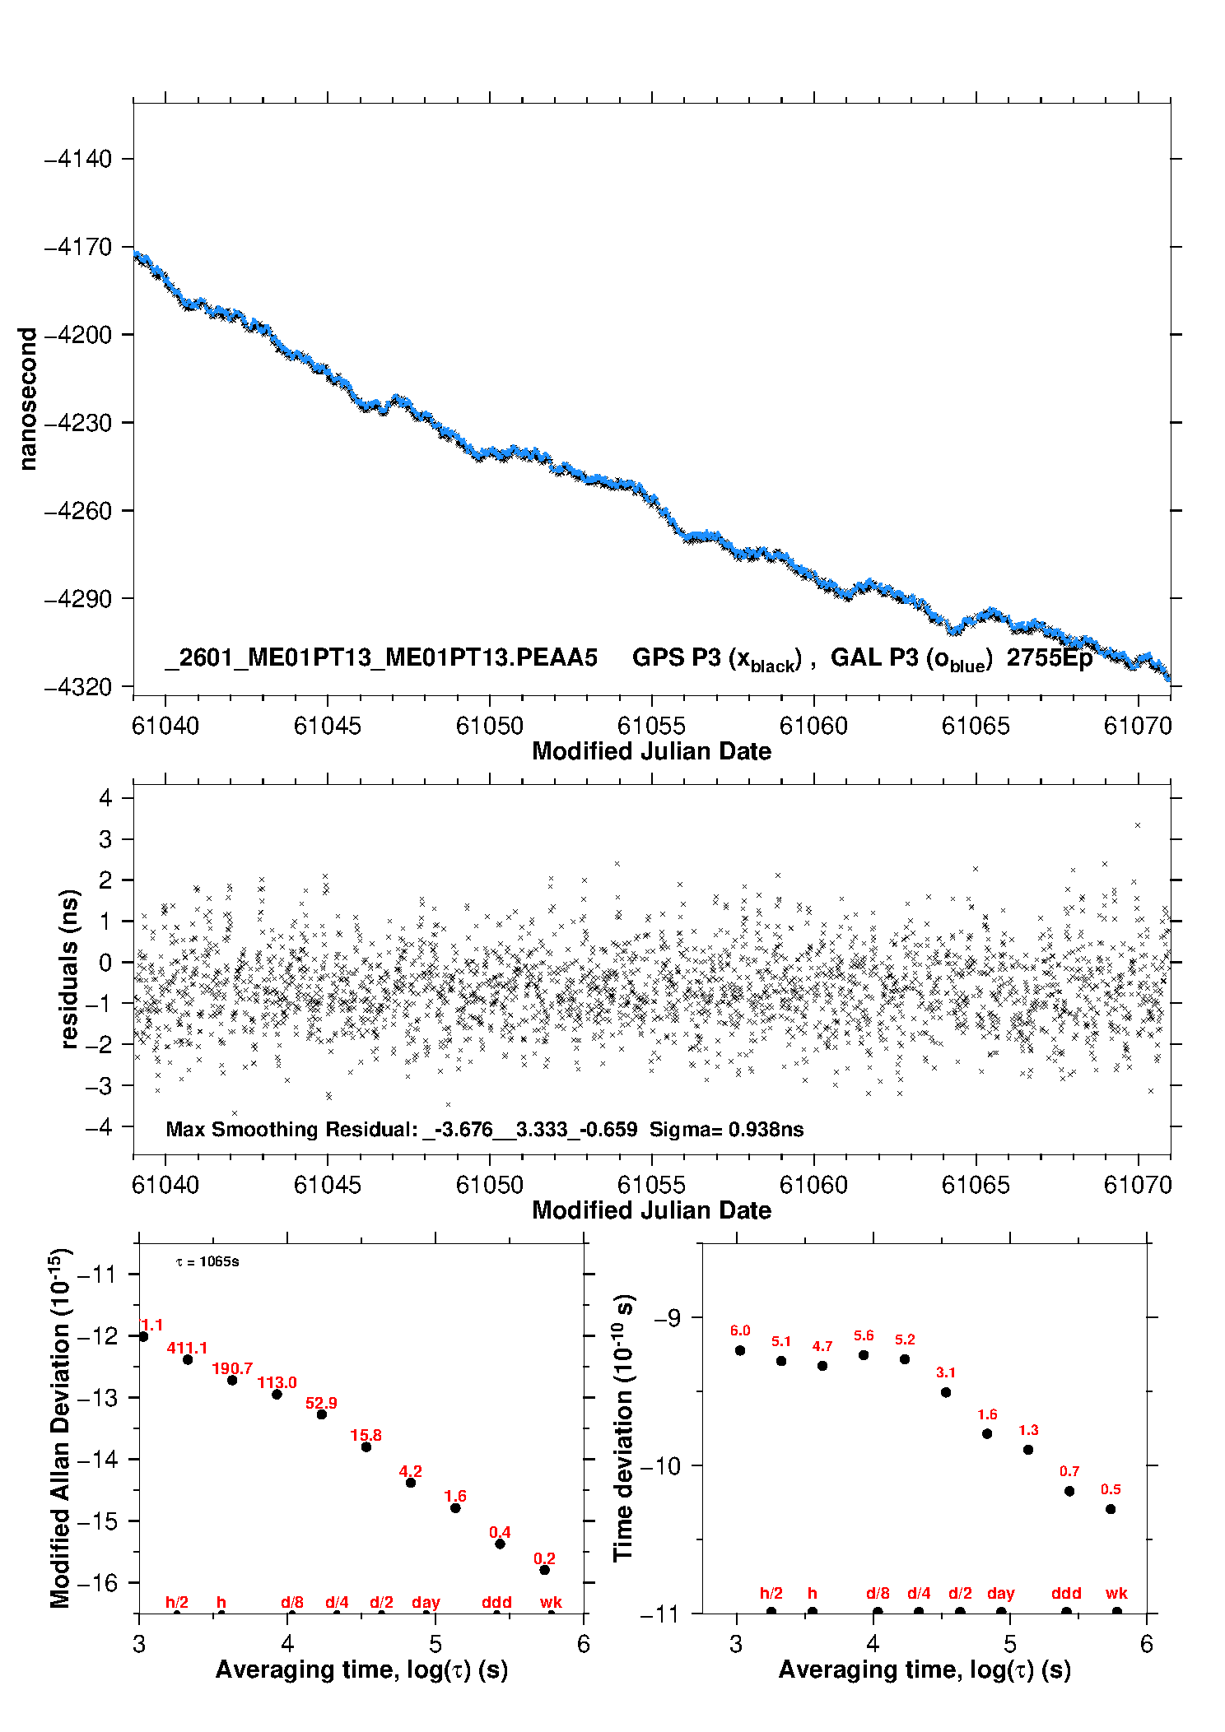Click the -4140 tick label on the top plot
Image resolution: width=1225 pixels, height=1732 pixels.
[x=77, y=159]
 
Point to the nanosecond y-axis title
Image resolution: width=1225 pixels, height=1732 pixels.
[x=28, y=399]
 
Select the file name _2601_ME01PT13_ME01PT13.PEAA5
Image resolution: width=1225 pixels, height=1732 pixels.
[x=380, y=657]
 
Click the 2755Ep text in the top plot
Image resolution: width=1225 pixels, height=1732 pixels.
[x=1049, y=657]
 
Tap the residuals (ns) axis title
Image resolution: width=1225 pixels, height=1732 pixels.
[x=71, y=968]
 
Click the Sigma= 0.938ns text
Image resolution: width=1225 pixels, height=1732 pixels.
[x=726, y=1129]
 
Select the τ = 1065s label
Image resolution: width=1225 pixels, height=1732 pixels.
[x=207, y=1261]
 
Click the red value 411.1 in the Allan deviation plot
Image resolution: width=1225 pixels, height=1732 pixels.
[x=187, y=1348]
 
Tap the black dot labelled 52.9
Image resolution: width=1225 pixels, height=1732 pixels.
[x=322, y=1414]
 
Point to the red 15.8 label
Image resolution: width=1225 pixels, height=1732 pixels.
[x=366, y=1435]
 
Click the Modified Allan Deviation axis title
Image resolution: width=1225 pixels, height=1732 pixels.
[x=61, y=1428]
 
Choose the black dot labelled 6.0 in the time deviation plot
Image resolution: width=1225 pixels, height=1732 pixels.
[x=740, y=1350]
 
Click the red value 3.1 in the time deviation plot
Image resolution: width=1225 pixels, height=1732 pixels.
[x=945, y=1372]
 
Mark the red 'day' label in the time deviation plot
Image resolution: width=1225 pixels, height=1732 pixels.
[x=1000, y=1593]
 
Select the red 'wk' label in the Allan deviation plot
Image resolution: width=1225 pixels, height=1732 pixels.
[x=551, y=1602]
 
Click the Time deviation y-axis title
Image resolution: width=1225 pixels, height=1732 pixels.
[x=624, y=1428]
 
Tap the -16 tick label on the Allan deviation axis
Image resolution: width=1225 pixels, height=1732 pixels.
[x=97, y=1582]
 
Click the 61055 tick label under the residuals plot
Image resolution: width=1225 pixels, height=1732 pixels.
[x=651, y=1185]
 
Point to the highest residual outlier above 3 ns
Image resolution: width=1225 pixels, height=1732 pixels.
[x=1138, y=825]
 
